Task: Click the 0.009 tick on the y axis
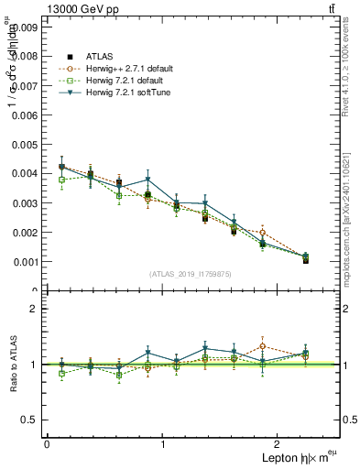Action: [x=27, y=27]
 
